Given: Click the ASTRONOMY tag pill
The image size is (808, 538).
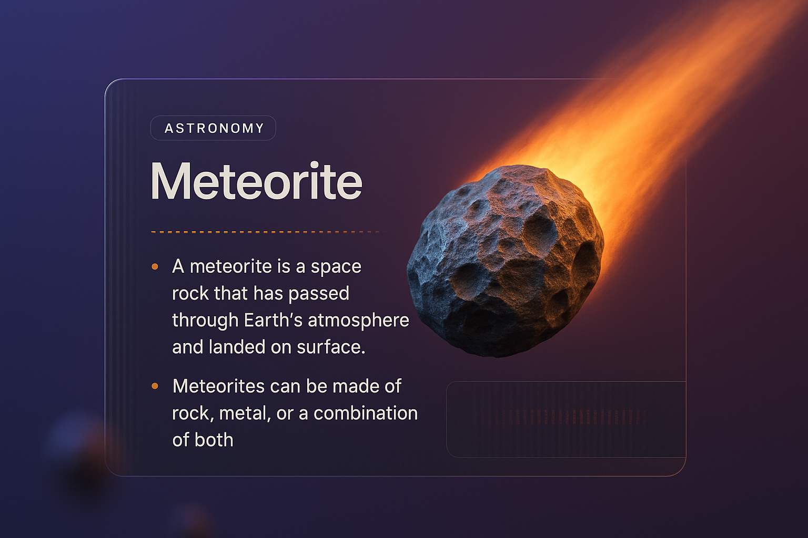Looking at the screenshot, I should coord(213,128).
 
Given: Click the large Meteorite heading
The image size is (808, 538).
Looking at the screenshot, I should coord(256,181).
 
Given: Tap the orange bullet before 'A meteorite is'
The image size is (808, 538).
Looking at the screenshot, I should coord(155,267).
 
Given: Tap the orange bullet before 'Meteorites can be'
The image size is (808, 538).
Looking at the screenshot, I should coord(155,386).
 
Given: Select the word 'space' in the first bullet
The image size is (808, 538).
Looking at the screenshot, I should coord(336,267).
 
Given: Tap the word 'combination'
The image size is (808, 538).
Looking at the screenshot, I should coord(365,413).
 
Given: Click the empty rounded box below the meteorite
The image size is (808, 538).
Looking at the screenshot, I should coord(565,419).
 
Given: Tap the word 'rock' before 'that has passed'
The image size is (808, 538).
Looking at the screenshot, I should coord(190,293).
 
